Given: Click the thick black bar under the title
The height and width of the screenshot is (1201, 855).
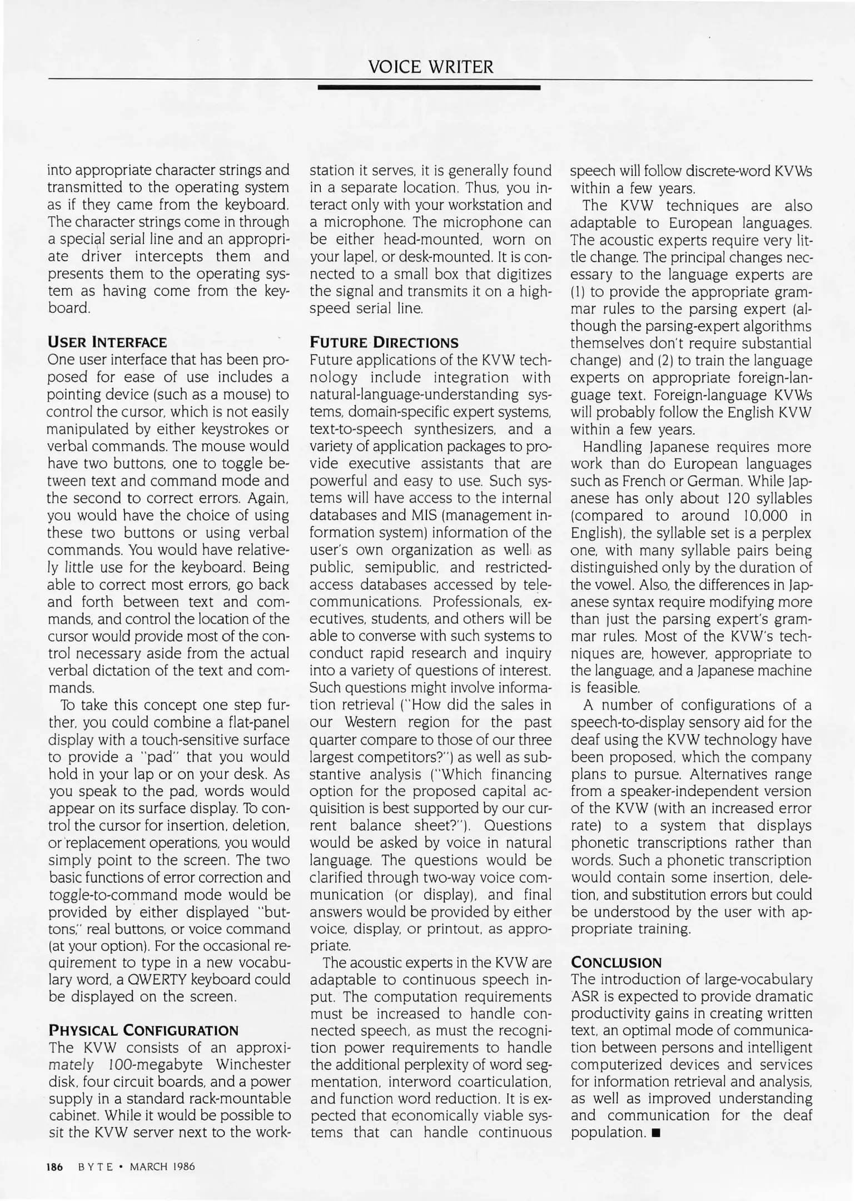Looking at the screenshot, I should [x=429, y=88].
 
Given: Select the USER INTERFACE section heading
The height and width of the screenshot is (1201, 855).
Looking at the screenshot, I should [x=107, y=342].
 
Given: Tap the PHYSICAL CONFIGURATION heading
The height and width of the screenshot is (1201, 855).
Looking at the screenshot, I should [x=143, y=1030].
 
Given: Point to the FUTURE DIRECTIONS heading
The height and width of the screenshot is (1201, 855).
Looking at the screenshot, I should [x=384, y=342].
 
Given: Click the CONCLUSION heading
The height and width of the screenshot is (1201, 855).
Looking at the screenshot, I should [x=616, y=962].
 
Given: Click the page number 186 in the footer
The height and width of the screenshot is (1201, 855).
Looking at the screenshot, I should [x=56, y=1167].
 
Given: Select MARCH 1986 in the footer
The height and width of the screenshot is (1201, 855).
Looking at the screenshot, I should [x=162, y=1167].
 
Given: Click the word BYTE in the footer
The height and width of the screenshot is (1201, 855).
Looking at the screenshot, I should [x=96, y=1167].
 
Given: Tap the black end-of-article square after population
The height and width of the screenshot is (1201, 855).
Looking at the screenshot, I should [x=657, y=1133].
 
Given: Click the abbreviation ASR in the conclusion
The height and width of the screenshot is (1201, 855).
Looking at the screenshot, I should [x=584, y=996].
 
